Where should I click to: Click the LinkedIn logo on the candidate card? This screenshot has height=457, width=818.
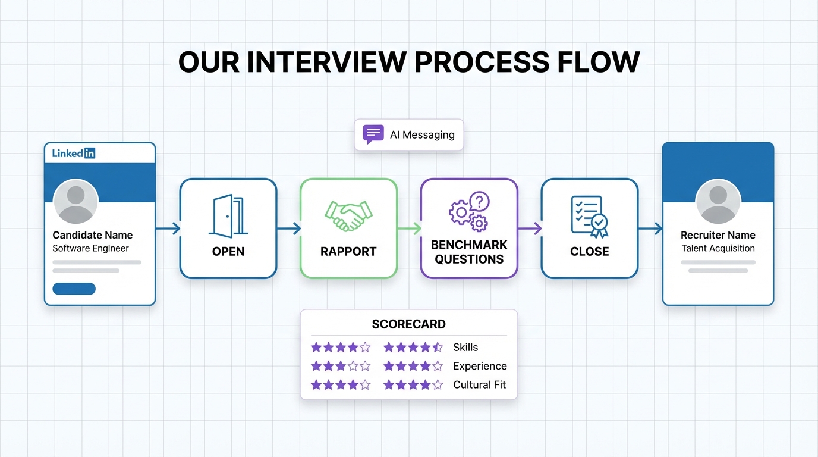74,154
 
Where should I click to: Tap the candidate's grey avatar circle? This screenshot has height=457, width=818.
75,202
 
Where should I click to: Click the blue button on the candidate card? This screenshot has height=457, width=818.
74,289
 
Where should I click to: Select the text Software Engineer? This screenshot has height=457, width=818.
90,248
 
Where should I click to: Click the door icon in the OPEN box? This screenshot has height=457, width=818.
228,216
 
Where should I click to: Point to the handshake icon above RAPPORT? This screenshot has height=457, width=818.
348,216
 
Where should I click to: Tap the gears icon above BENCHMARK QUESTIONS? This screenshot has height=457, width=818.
469,212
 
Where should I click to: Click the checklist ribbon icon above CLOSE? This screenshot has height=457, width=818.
589,216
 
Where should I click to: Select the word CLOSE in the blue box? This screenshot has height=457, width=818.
589,252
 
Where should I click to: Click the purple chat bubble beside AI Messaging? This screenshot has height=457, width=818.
373,134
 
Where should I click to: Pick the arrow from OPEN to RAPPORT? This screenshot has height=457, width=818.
289,228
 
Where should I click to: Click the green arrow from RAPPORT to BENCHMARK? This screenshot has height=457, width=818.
409,228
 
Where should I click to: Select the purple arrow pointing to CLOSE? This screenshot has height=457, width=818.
530,228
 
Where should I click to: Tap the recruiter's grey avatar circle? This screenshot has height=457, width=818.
718,202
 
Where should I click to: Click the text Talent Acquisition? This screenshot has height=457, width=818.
718,248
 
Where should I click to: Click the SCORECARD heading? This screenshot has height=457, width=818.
408,324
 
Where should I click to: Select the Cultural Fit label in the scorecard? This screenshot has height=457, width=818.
479,384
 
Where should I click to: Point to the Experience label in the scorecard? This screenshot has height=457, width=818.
479,366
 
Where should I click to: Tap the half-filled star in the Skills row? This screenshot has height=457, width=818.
437,347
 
